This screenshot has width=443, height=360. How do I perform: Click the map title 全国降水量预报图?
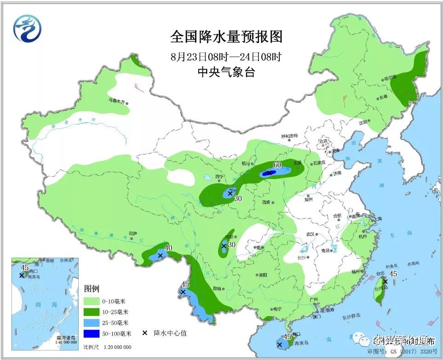[x=221, y=36]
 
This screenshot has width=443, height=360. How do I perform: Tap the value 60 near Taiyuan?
[x=277, y=165]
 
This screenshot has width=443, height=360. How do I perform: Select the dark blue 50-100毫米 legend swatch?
[x=92, y=333]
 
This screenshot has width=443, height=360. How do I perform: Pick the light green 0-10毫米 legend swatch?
[x=92, y=301]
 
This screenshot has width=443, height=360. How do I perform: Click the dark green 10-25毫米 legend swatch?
[x=92, y=311]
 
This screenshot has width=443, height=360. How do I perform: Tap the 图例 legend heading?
[x=92, y=289]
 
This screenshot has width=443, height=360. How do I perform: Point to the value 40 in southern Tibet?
[x=168, y=248]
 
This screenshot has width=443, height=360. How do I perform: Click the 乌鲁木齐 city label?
[x=116, y=99]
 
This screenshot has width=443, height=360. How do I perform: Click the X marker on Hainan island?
[x=279, y=344]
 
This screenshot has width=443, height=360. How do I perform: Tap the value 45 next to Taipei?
[x=393, y=274]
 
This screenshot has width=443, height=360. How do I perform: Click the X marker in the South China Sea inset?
[x=22, y=275]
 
